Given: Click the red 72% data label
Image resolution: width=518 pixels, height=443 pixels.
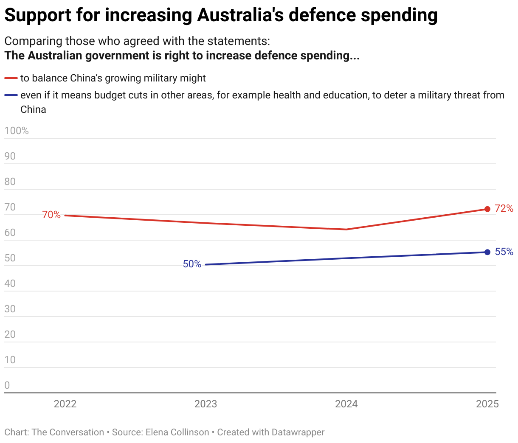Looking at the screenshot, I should point(504,208).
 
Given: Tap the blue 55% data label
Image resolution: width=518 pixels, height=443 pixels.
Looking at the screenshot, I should point(504,252).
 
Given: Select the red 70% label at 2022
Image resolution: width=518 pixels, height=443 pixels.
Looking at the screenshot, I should point(51,215).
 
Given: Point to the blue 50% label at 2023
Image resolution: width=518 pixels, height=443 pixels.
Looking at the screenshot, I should point(192,264).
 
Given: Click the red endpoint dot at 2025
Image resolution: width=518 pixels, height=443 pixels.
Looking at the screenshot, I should point(487,209).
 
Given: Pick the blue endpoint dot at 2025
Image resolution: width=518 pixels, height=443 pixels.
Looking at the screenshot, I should point(487,252).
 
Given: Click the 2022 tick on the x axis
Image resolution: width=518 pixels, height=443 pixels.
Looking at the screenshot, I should point(65,404).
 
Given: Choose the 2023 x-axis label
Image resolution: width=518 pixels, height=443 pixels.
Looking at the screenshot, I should point(206,404).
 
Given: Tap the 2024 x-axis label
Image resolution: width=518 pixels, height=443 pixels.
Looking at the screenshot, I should point(346,404).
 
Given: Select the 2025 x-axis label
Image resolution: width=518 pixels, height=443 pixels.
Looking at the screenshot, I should point(487,404).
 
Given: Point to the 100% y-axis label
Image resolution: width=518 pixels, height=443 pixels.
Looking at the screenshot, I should point(17,131).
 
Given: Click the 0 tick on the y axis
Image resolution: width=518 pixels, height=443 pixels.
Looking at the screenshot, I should point(7,385).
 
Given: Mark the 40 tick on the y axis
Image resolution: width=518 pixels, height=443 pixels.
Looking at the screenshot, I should point(10,283).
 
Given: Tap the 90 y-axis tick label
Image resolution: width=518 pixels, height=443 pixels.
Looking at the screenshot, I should point(10,156).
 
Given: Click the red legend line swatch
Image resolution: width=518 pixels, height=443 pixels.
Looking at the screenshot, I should point(11,79).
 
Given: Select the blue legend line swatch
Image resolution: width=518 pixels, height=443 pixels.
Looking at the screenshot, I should point(11,95).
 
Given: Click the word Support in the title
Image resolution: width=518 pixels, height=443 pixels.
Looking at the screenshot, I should point(38,15).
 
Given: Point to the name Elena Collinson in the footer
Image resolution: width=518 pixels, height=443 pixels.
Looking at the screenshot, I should point(177,432).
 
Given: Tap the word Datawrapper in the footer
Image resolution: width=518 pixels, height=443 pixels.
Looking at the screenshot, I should point(298,432).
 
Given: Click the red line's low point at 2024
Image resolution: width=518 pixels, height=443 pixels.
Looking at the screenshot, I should point(346,230).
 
